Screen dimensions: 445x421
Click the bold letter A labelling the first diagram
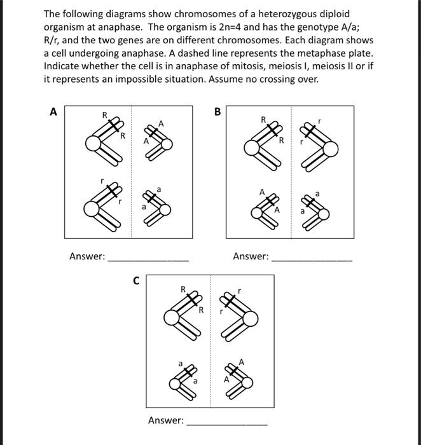pyautogui.click(x=53, y=112)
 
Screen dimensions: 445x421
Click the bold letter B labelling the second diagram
pyautogui.click(x=217, y=112)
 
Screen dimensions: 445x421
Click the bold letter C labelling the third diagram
pyautogui.click(x=134, y=280)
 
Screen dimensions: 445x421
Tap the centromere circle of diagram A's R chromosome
pyautogui.click(x=94, y=146)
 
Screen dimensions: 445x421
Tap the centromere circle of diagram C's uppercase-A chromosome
pyautogui.click(x=247, y=381)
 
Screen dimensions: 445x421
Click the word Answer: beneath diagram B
pyautogui.click(x=251, y=257)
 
